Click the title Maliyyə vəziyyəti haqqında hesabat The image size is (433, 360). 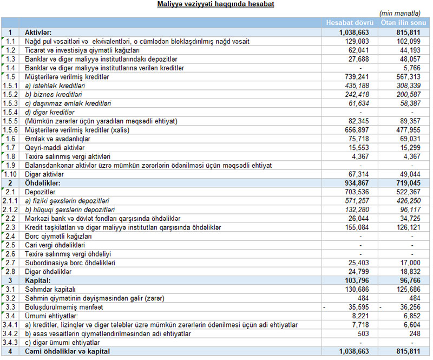pos(215,4)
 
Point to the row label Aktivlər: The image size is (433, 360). pos(38,32)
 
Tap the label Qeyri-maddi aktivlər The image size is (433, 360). pos(52,148)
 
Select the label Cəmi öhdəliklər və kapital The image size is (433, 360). pos(68,351)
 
